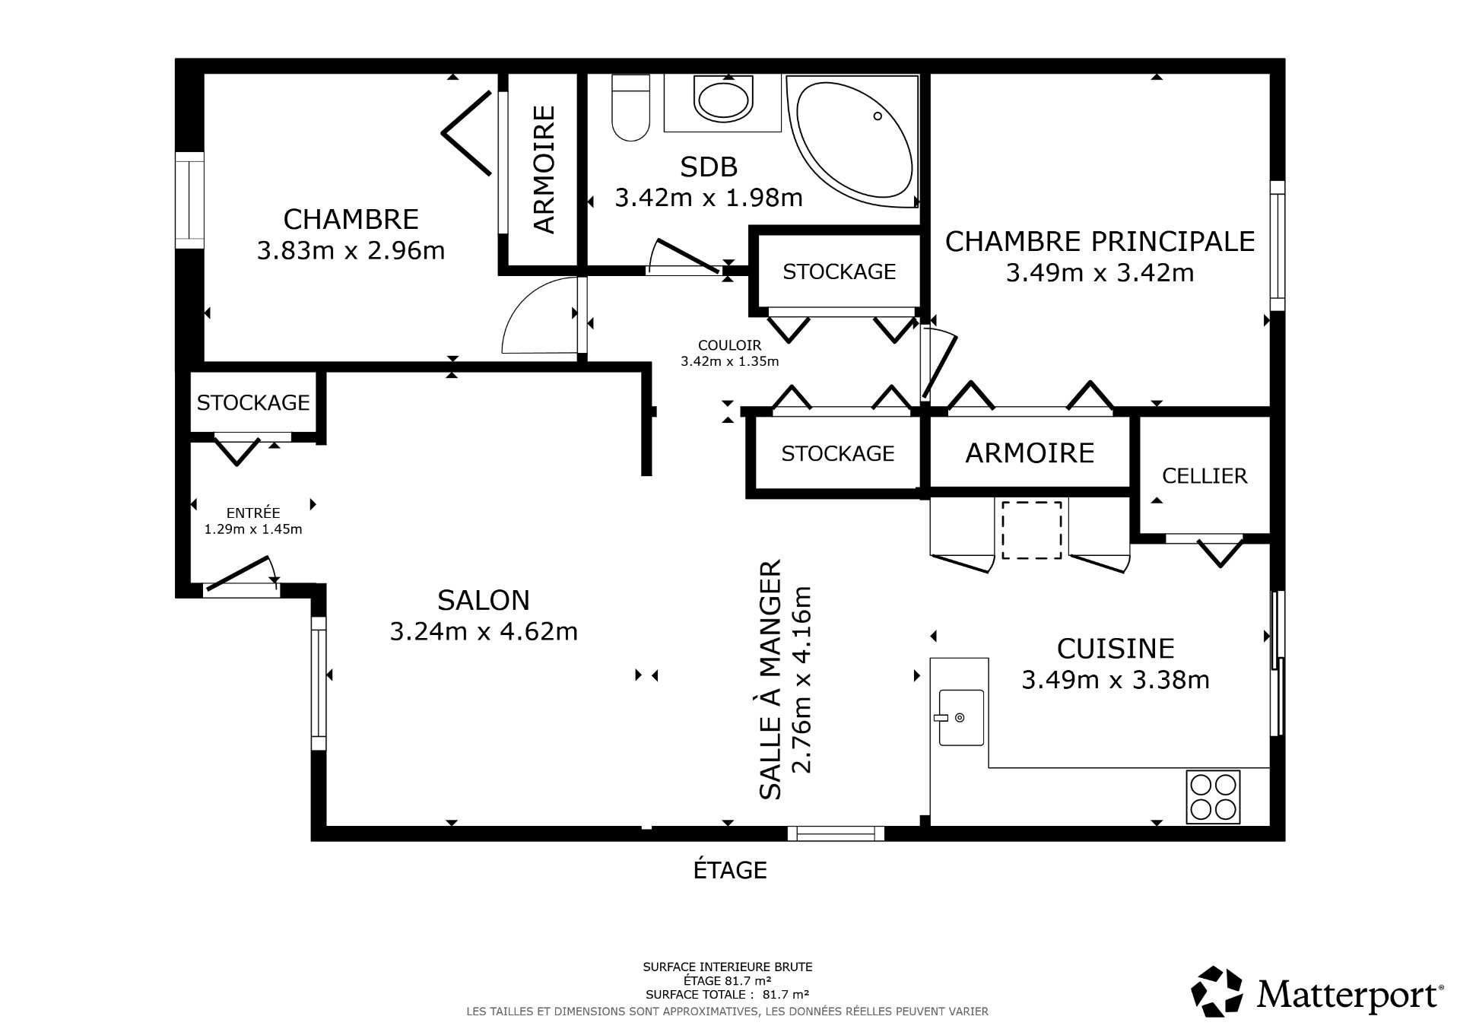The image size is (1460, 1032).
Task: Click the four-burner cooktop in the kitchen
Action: tap(1212, 795)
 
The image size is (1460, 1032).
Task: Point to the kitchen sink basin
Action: tap(961, 717)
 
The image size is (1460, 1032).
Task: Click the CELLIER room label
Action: tap(1204, 476)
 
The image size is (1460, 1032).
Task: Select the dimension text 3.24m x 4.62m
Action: tap(484, 631)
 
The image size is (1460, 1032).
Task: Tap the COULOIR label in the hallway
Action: tap(729, 345)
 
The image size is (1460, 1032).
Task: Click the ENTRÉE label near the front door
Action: tap(253, 513)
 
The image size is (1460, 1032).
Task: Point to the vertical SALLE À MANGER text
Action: tap(770, 679)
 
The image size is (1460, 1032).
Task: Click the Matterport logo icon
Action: tap(1217, 992)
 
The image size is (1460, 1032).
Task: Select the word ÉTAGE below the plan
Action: tap(729, 870)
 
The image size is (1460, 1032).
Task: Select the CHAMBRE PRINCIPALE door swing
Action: tap(938, 364)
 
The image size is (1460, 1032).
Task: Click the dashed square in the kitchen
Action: tap(1031, 530)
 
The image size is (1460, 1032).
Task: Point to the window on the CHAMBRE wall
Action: tap(189, 199)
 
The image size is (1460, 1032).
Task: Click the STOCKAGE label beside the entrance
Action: tap(253, 402)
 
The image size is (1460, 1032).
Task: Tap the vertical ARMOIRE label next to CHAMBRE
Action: tap(544, 169)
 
